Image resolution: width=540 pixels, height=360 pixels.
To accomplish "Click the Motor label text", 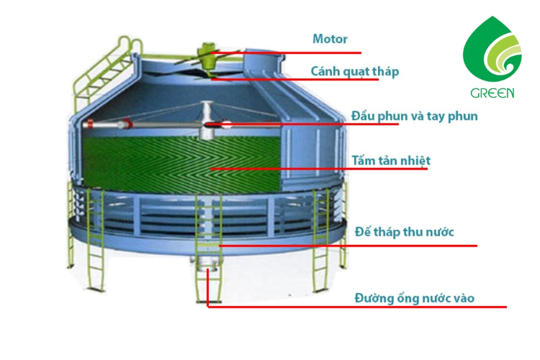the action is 329,39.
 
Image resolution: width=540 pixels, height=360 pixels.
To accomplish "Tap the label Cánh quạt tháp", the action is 355,71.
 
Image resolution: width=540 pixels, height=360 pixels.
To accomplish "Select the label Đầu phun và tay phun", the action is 414,116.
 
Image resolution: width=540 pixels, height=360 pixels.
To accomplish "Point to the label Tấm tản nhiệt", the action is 391,161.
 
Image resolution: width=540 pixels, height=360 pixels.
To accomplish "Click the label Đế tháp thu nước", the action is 404,232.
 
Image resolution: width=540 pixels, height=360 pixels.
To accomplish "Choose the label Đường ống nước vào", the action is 414,298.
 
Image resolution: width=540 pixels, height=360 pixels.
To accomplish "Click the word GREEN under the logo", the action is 492,93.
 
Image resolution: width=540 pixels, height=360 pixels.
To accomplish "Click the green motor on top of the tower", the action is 208,55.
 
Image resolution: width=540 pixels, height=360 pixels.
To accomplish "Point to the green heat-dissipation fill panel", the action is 181,164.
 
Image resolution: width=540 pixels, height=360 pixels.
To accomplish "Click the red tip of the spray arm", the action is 90,124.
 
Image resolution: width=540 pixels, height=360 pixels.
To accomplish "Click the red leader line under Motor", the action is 286,53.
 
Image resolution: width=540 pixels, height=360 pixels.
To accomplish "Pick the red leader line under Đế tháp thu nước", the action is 348,246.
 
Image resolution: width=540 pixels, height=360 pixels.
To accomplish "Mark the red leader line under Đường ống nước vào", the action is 357,307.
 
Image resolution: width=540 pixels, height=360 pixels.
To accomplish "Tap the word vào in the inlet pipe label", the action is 464,298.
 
